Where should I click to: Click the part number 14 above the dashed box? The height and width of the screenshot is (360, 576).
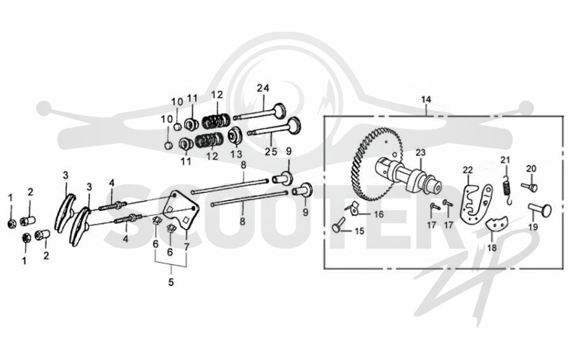tap(426, 99)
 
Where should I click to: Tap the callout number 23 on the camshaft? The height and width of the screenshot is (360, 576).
tap(420, 152)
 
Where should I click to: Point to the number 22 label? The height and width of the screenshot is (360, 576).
tap(468, 170)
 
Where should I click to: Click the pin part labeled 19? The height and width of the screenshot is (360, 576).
tap(541, 210)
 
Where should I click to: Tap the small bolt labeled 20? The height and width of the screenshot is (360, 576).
tap(530, 187)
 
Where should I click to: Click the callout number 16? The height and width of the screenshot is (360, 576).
tap(379, 214)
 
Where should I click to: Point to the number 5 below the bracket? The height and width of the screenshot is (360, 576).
tap(171, 282)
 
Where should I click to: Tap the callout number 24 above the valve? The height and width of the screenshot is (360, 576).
tap(263, 88)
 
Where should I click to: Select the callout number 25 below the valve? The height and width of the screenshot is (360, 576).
tap(271, 151)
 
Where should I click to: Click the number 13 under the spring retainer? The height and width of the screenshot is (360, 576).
tap(236, 153)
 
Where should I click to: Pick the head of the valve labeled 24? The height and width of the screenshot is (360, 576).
tap(280, 109)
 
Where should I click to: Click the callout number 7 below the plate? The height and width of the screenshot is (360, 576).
tap(186, 247)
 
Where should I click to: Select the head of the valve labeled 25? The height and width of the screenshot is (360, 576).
tap(294, 125)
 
